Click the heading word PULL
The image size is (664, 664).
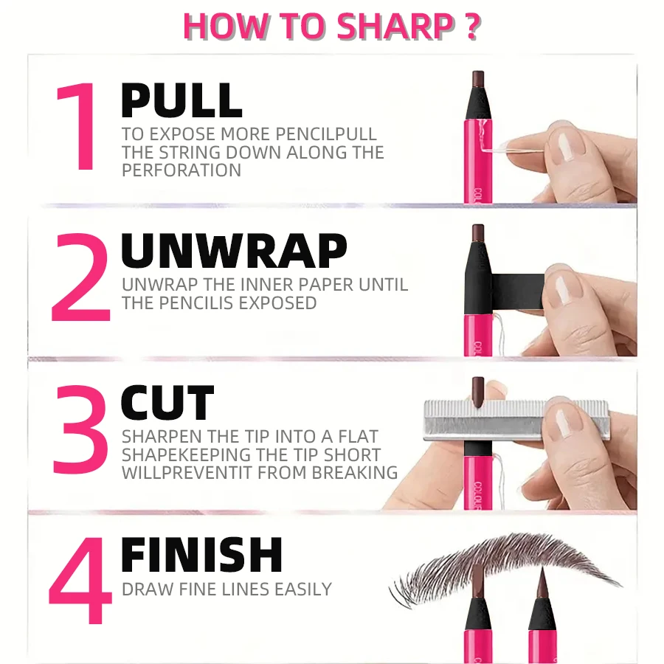[181, 101]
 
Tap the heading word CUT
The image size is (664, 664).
[167, 404]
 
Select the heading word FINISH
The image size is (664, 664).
[201, 555]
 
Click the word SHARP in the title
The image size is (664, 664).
[395, 26]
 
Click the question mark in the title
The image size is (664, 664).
[472, 26]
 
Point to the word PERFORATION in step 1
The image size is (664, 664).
[181, 170]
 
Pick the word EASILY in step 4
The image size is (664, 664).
[302, 589]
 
